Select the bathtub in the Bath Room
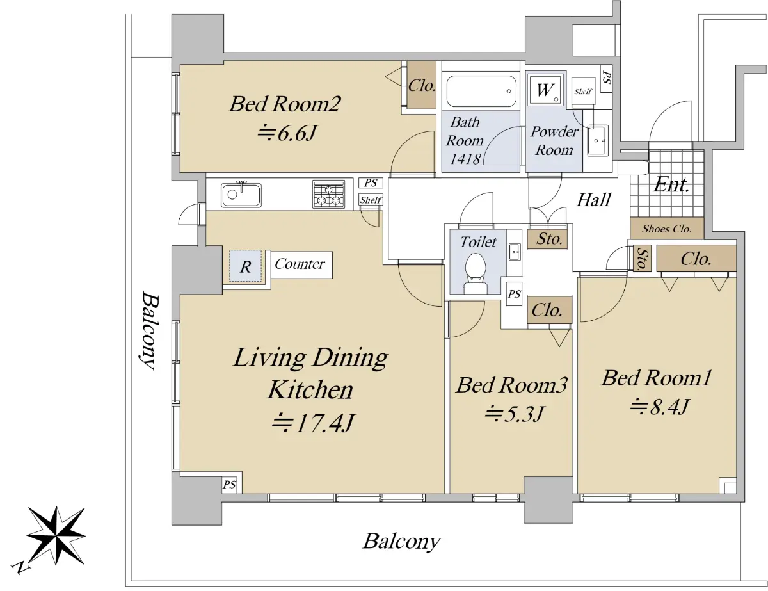pyautogui.click(x=481, y=91)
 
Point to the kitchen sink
pyautogui.click(x=241, y=195)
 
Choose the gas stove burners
pyautogui.click(x=329, y=195)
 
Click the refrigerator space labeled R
pyautogui.click(x=245, y=266)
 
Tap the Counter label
pyautogui.click(x=300, y=264)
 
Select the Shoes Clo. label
pyautogui.click(x=666, y=229)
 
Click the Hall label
pyautogui.click(x=594, y=200)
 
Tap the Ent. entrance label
pyautogui.click(x=671, y=184)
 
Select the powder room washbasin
pyautogui.click(x=598, y=140)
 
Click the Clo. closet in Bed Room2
pyautogui.click(x=421, y=86)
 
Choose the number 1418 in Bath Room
pyautogui.click(x=465, y=159)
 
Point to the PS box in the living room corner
pyautogui.click(x=229, y=485)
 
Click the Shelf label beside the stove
pyautogui.click(x=371, y=200)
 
